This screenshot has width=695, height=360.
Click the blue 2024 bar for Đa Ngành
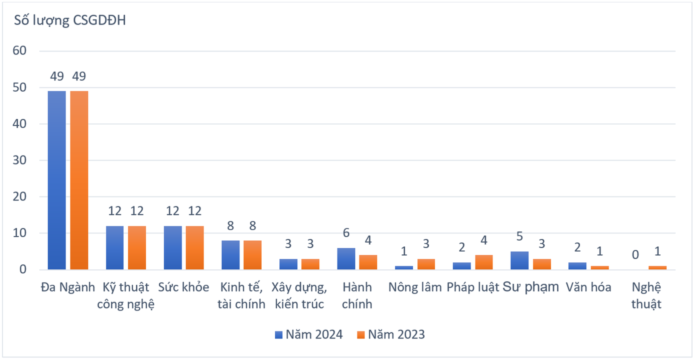pos(56,180)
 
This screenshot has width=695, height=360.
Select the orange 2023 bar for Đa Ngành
pos(79,180)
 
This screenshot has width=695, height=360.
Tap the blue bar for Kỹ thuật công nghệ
pos(114,248)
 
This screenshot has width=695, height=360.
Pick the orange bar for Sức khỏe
pos(194,248)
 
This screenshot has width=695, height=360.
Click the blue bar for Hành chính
pos(346,259)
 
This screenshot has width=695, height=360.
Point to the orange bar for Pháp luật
pos(483,262)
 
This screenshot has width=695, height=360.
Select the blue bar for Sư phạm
pos(519,260)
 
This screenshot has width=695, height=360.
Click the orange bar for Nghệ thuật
pos(657,268)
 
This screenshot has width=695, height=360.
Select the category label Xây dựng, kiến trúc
pos(299,295)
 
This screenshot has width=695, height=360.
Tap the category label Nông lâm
pos(415,287)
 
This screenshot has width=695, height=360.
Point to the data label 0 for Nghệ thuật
pos(635,255)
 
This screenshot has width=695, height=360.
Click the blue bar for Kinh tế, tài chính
pos(230,255)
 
